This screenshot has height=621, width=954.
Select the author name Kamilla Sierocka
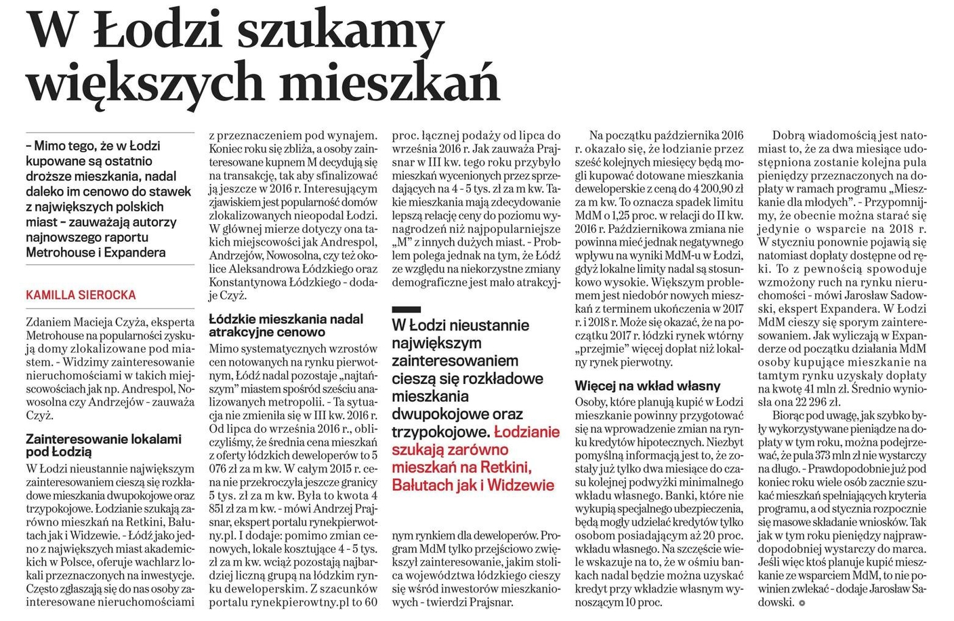pyautogui.click(x=81, y=295)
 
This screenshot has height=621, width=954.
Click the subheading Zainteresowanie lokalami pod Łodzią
pyautogui.click(x=104, y=446)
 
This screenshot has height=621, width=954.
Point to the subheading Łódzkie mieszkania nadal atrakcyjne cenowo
pyautogui.click(x=286, y=325)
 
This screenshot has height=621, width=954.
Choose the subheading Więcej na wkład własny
pyautogui.click(x=648, y=386)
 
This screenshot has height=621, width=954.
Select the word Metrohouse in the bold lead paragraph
pyautogui.click(x=58, y=253)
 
